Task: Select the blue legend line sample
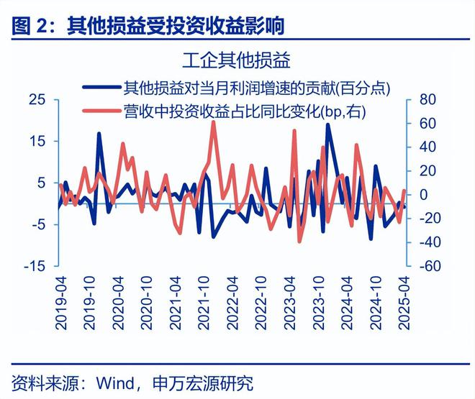(x=101, y=88)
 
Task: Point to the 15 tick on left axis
(x=35, y=141)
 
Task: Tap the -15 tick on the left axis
(x=33, y=266)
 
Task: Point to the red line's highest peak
(x=213, y=123)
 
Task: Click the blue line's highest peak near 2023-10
(x=328, y=125)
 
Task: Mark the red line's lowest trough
(x=299, y=241)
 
